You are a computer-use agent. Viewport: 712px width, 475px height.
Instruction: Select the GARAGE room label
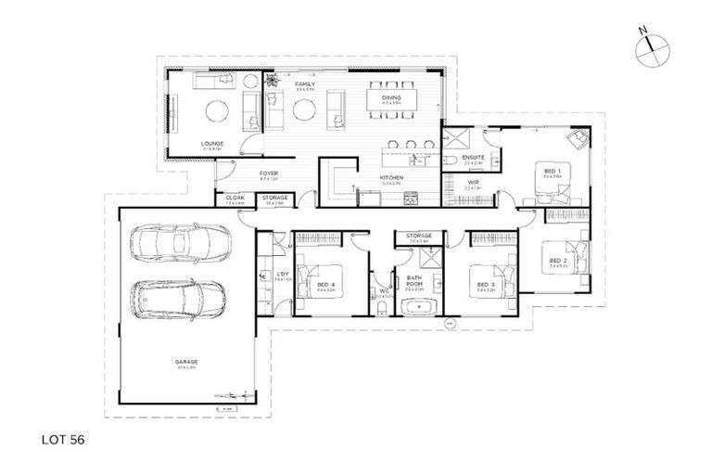[186, 362]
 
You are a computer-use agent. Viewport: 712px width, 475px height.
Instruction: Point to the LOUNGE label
[212, 144]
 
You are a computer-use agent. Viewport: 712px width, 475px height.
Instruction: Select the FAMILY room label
[305, 84]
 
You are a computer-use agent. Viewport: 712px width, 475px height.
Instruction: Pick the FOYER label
[269, 173]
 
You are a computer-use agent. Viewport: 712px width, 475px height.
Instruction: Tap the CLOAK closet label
[235, 198]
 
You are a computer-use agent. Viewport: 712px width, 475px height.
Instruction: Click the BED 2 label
[557, 260]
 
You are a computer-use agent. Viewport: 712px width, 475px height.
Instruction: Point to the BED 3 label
[481, 286]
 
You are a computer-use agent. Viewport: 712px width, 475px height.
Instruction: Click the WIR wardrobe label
[472, 183]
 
